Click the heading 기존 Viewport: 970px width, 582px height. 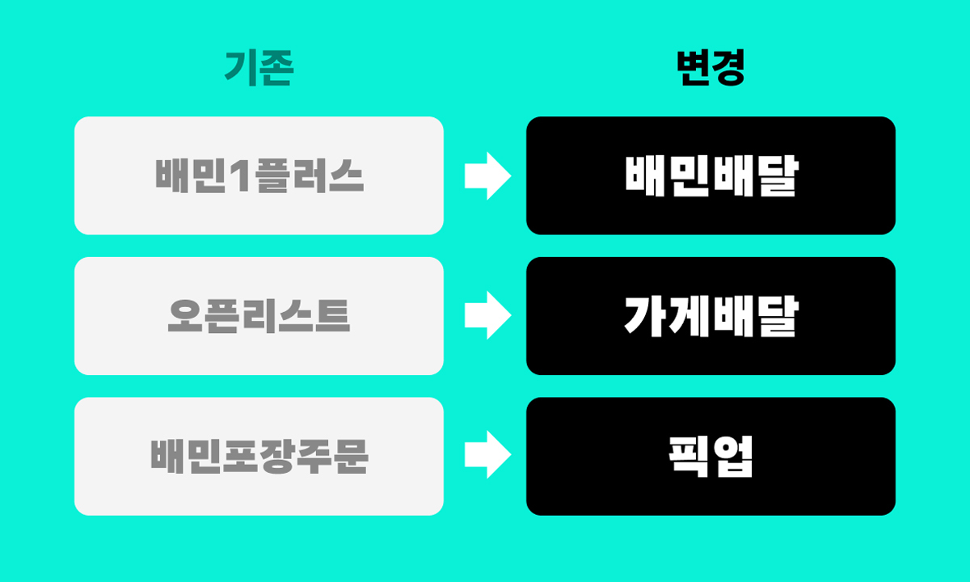click(x=259, y=68)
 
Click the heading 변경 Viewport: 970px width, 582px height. click(x=711, y=68)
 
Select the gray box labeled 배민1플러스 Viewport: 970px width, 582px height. click(x=259, y=175)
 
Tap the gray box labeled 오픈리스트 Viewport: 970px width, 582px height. click(x=259, y=316)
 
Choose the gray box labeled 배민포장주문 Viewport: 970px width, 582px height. click(x=259, y=456)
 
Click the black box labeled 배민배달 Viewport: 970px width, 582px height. click(x=711, y=175)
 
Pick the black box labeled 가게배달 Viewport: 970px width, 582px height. click(x=711, y=316)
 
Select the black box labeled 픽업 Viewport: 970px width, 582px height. click(x=711, y=456)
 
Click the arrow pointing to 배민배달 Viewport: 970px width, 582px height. click(x=488, y=176)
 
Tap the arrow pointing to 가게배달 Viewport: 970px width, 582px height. click(x=488, y=315)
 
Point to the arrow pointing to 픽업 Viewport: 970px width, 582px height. click(x=488, y=454)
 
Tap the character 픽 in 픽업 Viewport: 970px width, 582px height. click(x=689, y=457)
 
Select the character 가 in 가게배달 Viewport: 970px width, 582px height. click(x=643, y=316)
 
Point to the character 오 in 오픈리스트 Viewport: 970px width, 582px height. click(x=185, y=316)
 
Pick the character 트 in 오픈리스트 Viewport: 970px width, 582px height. click(x=332, y=316)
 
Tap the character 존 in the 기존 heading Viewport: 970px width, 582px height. click(x=276, y=68)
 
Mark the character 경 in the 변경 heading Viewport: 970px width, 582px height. click(x=729, y=68)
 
